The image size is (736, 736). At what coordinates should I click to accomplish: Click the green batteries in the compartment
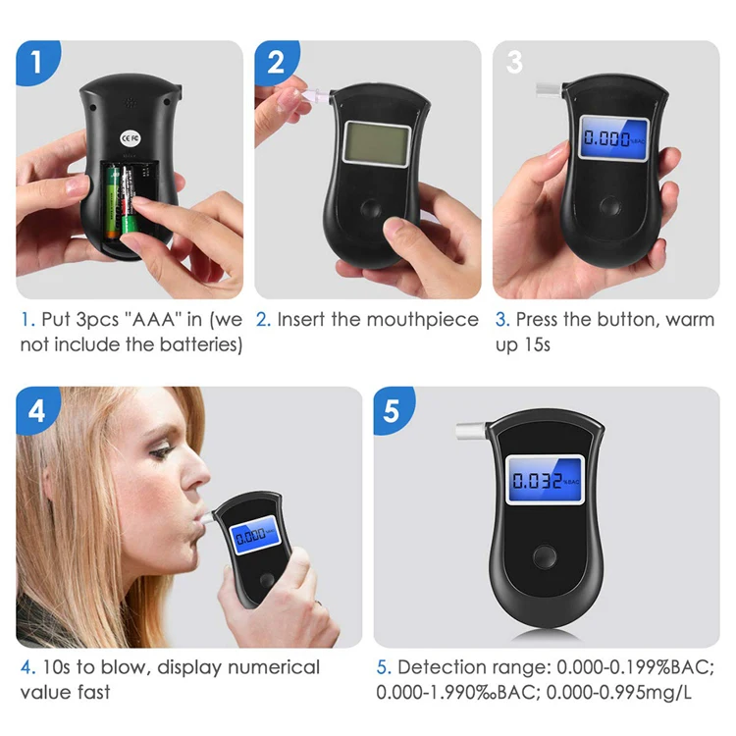124,201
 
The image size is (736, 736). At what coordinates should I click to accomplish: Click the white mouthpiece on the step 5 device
471,431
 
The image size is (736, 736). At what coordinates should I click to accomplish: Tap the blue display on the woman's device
252,536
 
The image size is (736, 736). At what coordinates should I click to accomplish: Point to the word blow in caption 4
124,667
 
